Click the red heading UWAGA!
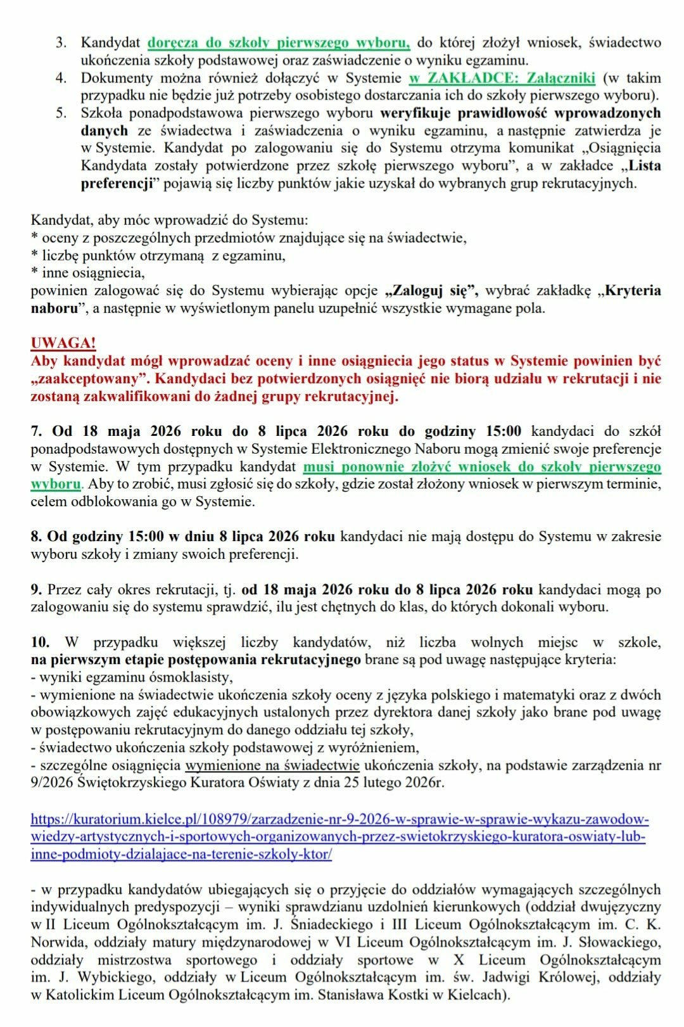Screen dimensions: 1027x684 click(x=63, y=343)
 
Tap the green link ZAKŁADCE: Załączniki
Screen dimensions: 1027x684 click(x=502, y=78)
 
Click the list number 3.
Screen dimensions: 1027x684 click(x=61, y=42)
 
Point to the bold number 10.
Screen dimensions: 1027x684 click(x=40, y=642)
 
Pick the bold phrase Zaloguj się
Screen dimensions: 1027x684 click(x=431, y=291)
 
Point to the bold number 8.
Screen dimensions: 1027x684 click(x=35, y=536)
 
